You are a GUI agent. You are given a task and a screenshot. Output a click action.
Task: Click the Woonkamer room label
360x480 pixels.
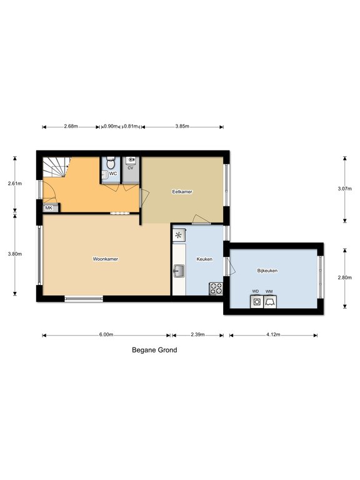(x=106, y=259)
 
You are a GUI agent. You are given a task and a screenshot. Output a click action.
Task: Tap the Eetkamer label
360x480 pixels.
(x=182, y=192)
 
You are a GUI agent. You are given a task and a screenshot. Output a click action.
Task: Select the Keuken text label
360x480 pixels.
(x=205, y=259)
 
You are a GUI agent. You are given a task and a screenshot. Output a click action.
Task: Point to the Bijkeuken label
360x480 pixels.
(x=267, y=271)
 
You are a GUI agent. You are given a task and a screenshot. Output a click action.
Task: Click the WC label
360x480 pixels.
(x=113, y=173)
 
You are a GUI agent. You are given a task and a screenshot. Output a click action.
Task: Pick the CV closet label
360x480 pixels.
(x=131, y=168)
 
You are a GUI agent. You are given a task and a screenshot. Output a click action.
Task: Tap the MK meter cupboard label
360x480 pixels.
(x=48, y=208)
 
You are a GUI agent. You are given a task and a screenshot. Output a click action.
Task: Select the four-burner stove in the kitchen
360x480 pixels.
(x=216, y=288)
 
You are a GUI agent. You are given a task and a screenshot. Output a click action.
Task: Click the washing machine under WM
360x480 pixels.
(x=269, y=302)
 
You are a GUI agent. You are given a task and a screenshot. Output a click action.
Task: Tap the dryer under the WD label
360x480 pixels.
(x=256, y=302)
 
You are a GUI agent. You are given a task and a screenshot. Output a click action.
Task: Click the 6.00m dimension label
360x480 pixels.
(x=106, y=335)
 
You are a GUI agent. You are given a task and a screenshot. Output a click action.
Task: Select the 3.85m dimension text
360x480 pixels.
(x=182, y=126)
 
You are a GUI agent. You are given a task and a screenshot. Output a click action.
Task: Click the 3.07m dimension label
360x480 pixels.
(x=344, y=188)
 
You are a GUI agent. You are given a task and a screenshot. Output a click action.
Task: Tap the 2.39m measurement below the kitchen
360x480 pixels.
(x=197, y=335)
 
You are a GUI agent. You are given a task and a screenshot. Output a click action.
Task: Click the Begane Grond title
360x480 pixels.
(x=154, y=351)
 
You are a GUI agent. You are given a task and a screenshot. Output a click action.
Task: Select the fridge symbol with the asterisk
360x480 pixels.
(x=179, y=236)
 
